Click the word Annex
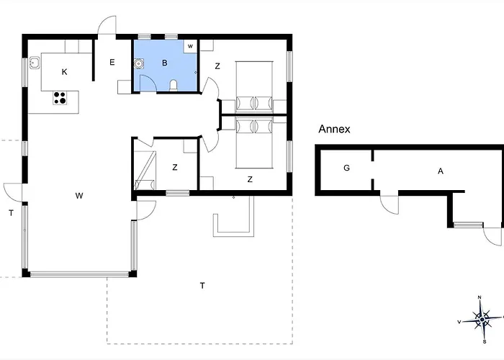pyautogui.click(x=334, y=130)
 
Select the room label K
pyautogui.click(x=65, y=72)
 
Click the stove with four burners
pyautogui.click(x=60, y=98)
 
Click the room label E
pyautogui.click(x=112, y=63)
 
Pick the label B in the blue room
pyautogui.click(x=164, y=63)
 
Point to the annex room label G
pyautogui.click(x=346, y=168)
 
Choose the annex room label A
pyautogui.click(x=440, y=171)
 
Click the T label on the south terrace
pyautogui.click(x=202, y=286)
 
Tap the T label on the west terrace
pyautogui.click(x=11, y=212)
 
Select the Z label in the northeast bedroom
pyautogui.click(x=217, y=66)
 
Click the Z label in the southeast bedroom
pyautogui.click(x=250, y=179)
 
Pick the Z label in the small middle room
pyautogui.click(x=174, y=167)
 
